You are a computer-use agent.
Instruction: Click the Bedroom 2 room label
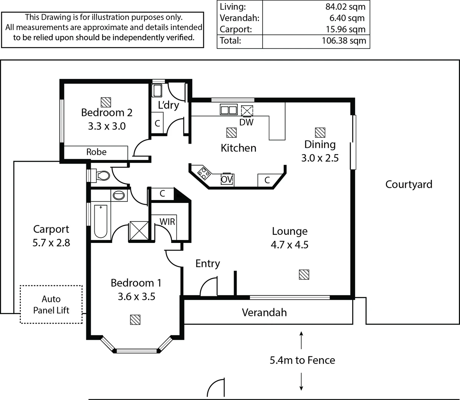pos(107,113)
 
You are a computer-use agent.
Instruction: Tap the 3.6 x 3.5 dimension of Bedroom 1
pos(136,297)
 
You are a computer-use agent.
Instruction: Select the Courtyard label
pos(409,184)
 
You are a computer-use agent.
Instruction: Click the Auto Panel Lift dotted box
pos(51,304)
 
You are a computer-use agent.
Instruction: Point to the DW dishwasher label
pos(246,122)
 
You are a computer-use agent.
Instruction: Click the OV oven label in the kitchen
pos(227,180)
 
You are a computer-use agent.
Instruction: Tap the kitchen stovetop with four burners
pos(204,173)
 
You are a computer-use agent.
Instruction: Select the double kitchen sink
pos(229,110)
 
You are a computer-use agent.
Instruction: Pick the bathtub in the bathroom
pos(100,221)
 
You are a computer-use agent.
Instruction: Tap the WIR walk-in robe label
pos(167,222)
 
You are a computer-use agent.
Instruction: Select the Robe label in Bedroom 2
pos(96,152)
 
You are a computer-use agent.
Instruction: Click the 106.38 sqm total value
pos(343,41)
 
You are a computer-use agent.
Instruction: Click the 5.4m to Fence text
pos(302,360)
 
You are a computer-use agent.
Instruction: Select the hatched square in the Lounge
pos(304,274)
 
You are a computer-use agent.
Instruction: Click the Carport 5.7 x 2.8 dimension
pos(51,243)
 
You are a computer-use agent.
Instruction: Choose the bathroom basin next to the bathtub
pos(119,195)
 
